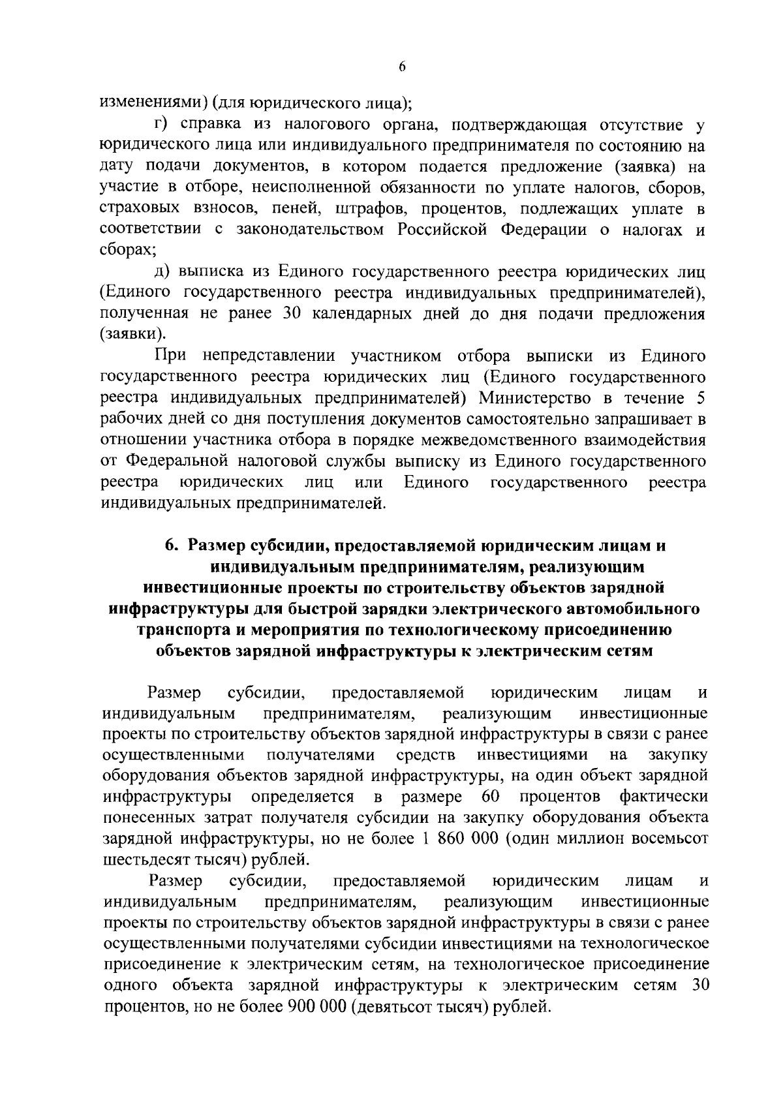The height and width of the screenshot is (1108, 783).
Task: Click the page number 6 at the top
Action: [x=401, y=67]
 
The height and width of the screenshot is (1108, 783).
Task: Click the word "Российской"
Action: [x=444, y=230]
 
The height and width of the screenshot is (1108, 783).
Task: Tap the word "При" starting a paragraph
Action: [x=172, y=356]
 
